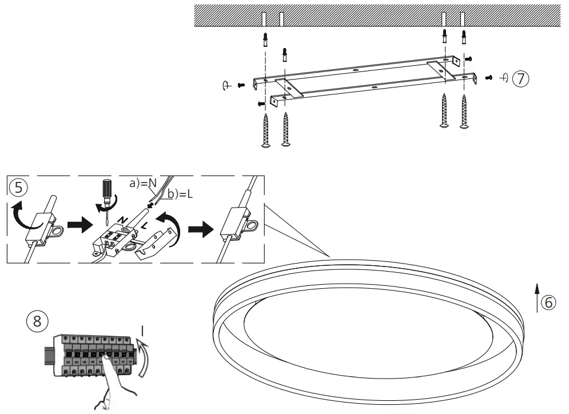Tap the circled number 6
(x=548, y=303)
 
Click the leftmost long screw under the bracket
(x=265, y=130)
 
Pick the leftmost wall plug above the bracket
(x=264, y=39)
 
